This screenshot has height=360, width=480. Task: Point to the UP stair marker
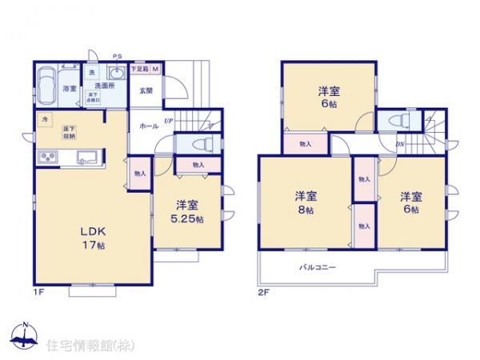click(x=166, y=121)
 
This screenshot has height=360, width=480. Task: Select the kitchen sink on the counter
click(x=86, y=157)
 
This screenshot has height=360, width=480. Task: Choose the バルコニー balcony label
click(x=318, y=269)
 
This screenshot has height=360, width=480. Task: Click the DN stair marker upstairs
click(x=399, y=145)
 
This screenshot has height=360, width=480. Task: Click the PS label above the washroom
click(x=117, y=56)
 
